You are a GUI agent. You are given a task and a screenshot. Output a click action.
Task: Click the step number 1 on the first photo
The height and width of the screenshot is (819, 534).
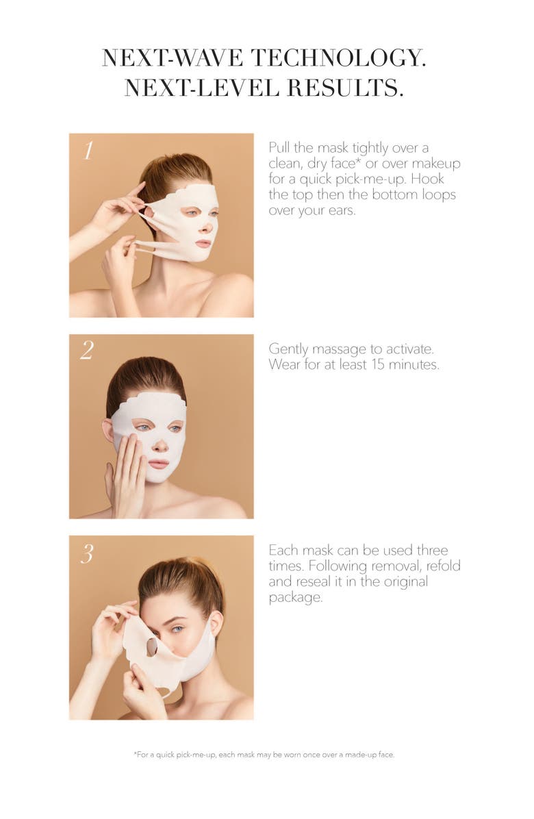88,150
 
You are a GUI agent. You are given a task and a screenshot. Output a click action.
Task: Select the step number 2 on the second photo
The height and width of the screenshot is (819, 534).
87,351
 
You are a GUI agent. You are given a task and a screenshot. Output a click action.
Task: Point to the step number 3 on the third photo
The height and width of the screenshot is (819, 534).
87,553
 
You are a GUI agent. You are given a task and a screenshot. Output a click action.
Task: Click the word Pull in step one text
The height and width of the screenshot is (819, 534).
280,148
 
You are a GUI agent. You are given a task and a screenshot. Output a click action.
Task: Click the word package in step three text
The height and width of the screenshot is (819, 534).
294,597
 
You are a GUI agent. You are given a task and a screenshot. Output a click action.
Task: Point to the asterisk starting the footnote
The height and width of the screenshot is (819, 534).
135,753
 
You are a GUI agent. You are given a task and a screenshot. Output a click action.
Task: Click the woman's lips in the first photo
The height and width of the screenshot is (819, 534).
203,243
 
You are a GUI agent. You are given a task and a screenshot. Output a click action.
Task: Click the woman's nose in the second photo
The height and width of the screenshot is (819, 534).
159,446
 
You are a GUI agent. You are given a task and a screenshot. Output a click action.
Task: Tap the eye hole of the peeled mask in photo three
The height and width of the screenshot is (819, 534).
152,646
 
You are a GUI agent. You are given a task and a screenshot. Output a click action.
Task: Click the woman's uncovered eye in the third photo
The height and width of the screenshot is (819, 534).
177,629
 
